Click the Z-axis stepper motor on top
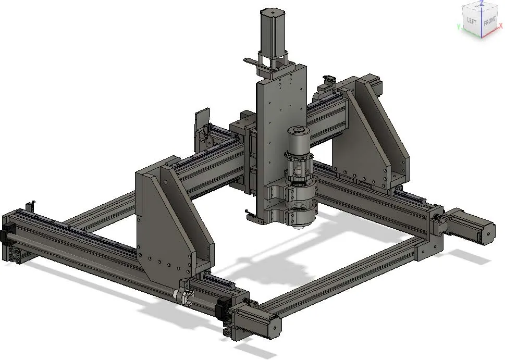point(273,31)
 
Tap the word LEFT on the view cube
point(472,21)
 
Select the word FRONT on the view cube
point(489,22)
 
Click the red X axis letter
point(500,25)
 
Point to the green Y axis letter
point(458,26)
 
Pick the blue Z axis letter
point(482,3)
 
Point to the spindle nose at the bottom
point(299,224)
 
